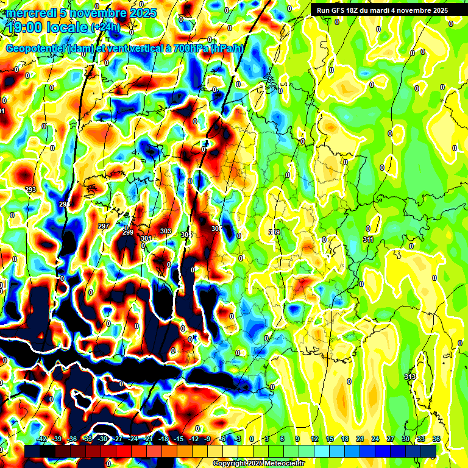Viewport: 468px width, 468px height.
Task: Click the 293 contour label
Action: point(30,190)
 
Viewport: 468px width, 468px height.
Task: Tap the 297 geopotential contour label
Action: point(104,226)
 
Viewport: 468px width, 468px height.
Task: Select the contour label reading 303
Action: point(165,231)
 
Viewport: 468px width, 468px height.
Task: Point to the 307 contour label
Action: point(216,229)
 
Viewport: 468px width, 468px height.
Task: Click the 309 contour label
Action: point(274,232)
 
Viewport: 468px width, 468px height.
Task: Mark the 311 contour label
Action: point(368,239)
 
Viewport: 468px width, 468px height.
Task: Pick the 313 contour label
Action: point(410,377)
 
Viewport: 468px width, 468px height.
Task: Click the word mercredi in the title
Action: point(31,12)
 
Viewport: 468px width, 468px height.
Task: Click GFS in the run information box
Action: point(337,10)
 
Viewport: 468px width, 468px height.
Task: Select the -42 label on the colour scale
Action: point(42,439)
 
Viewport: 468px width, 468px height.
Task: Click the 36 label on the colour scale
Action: point(436,439)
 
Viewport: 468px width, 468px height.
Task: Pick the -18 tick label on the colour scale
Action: point(163,439)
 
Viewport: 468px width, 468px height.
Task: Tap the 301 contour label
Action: point(146,238)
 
